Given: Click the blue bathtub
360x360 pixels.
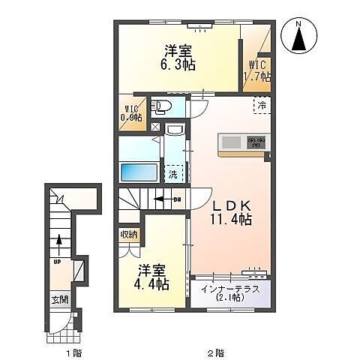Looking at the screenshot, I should (139, 172).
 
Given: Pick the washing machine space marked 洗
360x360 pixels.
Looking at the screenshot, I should (173, 175).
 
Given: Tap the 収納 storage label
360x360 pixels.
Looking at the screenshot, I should (128, 235).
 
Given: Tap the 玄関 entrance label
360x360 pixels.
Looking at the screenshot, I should (59, 298).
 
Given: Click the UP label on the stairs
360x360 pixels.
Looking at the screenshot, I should (57, 263).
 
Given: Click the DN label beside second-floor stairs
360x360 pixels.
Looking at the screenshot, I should (177, 199).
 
